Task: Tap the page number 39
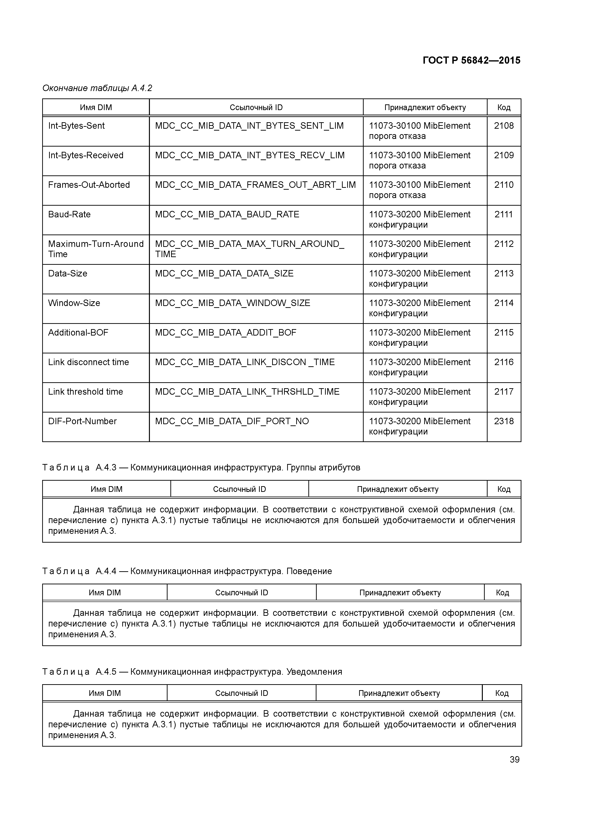pos(514,759)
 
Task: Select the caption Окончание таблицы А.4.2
pos(97,88)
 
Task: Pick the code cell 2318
pos(504,421)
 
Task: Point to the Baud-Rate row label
pos(69,214)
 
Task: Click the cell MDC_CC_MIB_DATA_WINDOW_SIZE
pos(232,303)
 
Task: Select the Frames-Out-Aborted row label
pos(89,185)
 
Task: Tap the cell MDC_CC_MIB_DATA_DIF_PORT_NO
pos(232,421)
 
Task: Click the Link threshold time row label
pos(86,392)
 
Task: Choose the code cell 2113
pos(504,273)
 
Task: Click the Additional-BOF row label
pos(78,333)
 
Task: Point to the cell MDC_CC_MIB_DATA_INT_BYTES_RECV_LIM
pos(250,155)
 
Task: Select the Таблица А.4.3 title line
pos(201,468)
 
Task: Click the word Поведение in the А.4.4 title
pos(309,571)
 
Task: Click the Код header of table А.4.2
pos(504,107)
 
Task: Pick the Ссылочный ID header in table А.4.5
pos(241,693)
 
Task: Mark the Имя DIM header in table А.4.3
pos(106,489)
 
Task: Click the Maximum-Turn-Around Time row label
pos(95,249)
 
